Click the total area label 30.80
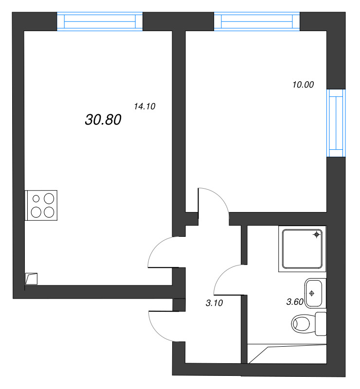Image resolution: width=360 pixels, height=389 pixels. tap(103, 120)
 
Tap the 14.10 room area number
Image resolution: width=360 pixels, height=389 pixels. tap(144, 107)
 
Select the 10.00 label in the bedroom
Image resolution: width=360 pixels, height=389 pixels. tap(303, 85)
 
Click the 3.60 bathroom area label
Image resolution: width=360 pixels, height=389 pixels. tap(295, 301)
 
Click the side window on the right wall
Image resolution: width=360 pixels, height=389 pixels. tap(336, 123)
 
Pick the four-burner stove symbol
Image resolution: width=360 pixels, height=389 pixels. tap(41, 204)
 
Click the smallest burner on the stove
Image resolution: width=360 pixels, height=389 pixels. tap(36, 198)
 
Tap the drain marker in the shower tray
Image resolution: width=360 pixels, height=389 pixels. tap(316, 235)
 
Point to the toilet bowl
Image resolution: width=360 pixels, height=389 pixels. tap(303, 322)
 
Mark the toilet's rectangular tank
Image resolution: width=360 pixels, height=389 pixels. tap(321, 323)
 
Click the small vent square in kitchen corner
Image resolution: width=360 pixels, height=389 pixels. tap(32, 279)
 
